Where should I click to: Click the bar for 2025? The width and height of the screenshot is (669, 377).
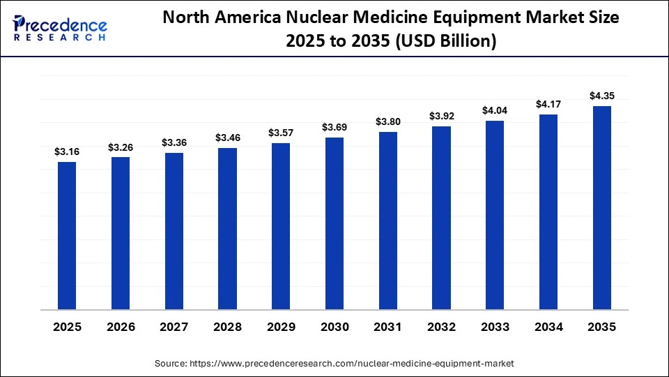(67, 235)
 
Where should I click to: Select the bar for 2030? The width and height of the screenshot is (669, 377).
(334, 223)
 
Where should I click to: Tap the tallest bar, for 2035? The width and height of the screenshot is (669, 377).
(601, 207)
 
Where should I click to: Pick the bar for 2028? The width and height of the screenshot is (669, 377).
(227, 228)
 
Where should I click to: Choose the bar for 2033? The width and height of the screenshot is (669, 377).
(495, 215)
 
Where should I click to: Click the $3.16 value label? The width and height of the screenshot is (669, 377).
(67, 151)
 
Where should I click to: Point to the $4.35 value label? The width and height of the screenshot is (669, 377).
(601, 96)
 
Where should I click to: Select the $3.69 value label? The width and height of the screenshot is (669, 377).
(334, 127)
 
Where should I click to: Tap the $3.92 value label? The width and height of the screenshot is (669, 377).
(441, 116)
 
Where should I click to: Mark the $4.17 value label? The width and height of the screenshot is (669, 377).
(548, 104)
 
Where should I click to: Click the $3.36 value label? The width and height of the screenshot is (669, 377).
(174, 142)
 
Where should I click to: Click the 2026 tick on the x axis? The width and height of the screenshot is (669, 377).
(121, 327)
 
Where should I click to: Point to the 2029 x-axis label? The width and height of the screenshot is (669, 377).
(281, 327)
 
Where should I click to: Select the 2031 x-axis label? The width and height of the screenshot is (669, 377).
(387, 327)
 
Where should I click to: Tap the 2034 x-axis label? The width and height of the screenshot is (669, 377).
(548, 327)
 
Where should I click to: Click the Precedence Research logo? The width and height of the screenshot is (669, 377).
(60, 28)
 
